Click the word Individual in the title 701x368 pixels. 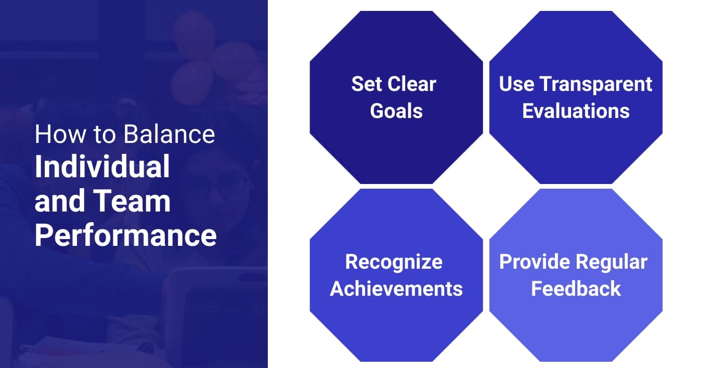coord(102,167)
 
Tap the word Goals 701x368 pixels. coord(396,110)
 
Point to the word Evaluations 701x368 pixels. coord(576,110)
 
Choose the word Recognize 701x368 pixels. coord(394,261)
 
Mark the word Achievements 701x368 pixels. coord(396,288)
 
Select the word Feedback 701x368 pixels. coord(576,288)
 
